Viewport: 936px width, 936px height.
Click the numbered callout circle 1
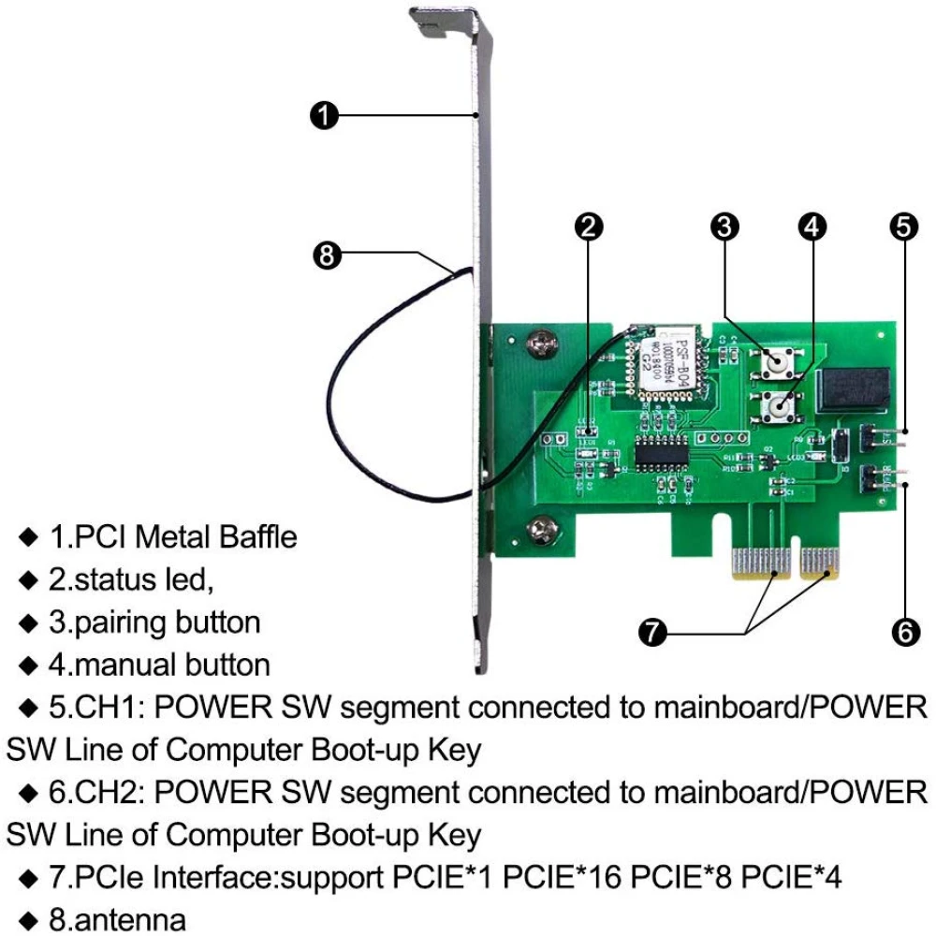[x=323, y=115]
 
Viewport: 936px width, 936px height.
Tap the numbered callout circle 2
[x=588, y=225]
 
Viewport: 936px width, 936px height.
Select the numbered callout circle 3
[x=725, y=225]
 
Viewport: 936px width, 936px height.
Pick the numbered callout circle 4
[x=812, y=225]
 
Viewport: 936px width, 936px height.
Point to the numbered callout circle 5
[x=904, y=225]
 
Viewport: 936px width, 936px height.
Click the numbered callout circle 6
[x=904, y=633]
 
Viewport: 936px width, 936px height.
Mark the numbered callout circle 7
[x=652, y=633]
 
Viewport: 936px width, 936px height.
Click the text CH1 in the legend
[x=113, y=708]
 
